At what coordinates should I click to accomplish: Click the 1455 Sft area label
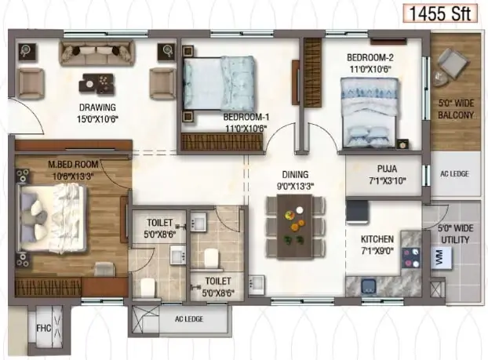(440, 13)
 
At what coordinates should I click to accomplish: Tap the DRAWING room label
(97, 107)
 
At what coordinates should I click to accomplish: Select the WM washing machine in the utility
(441, 257)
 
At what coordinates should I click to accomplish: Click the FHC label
(44, 329)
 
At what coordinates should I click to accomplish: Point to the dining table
(295, 227)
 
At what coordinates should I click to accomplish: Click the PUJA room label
(387, 169)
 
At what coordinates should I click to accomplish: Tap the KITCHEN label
(377, 239)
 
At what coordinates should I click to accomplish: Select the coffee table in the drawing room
(97, 83)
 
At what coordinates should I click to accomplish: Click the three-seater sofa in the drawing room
(97, 53)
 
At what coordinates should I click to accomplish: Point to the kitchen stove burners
(411, 258)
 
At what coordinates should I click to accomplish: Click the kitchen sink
(370, 286)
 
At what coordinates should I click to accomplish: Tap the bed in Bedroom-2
(370, 113)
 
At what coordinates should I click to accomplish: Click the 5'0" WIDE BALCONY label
(456, 109)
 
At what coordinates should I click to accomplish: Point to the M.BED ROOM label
(73, 164)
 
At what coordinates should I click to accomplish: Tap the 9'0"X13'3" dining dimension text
(295, 187)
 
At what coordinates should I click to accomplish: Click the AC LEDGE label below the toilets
(189, 319)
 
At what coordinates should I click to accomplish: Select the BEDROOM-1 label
(246, 118)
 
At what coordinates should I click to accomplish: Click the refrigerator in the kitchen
(357, 212)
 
